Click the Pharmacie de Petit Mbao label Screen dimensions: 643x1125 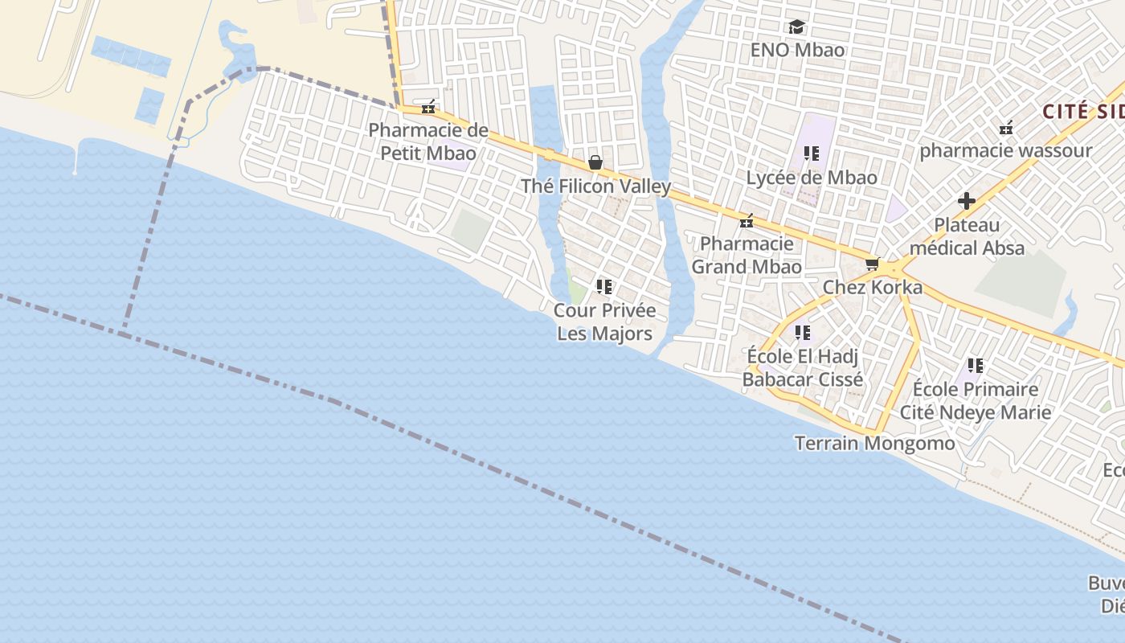click(x=427, y=141)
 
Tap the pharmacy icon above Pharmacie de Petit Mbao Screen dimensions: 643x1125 click(x=429, y=107)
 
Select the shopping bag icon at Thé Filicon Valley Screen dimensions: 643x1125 click(x=595, y=163)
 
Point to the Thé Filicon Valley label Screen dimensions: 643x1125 click(x=595, y=186)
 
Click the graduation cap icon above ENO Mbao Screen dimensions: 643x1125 click(x=796, y=27)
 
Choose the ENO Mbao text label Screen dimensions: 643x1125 click(x=797, y=50)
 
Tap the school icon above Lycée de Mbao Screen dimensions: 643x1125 click(x=811, y=153)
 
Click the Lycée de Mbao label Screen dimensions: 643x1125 click(x=811, y=178)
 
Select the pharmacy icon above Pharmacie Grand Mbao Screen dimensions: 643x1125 click(x=747, y=220)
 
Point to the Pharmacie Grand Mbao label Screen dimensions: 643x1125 click(x=747, y=255)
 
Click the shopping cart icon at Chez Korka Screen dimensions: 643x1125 click(x=873, y=264)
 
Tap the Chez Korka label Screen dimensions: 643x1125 click(x=873, y=287)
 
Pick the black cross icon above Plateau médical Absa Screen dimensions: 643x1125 click(x=967, y=201)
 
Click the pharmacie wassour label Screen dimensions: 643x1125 click(x=1005, y=150)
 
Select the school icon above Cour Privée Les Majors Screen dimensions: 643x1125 click(x=604, y=287)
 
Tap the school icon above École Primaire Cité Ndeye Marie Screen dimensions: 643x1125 click(x=976, y=367)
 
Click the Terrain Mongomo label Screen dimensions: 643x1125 click(x=874, y=443)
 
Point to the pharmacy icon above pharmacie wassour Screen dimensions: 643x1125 click(x=1005, y=128)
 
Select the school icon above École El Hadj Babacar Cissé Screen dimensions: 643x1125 click(x=802, y=332)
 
